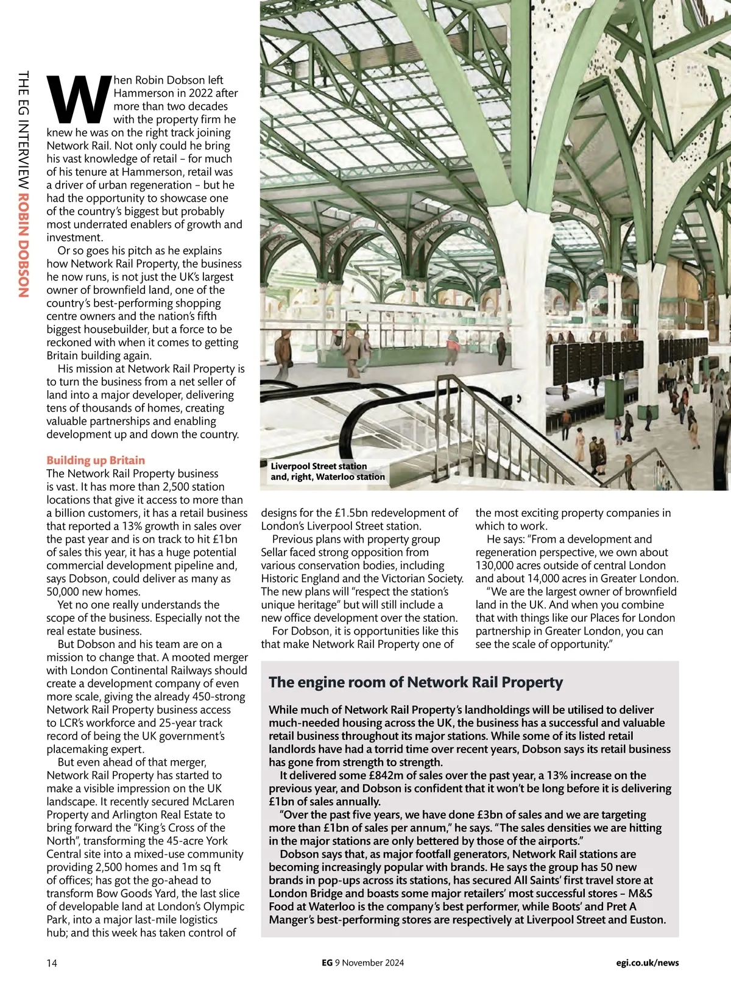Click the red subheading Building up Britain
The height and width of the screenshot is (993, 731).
coord(96,460)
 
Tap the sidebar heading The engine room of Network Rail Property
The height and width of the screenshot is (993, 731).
coord(415,682)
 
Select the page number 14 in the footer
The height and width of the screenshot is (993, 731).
coord(52,963)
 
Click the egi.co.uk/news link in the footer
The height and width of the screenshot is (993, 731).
coord(647,963)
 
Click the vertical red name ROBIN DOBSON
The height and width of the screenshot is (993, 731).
coord(24,245)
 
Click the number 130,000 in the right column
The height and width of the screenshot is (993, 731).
coord(495,566)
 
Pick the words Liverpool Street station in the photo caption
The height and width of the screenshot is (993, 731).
coord(319,466)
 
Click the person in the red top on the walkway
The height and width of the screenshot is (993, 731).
coord(452,346)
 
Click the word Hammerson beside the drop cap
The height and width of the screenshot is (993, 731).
coord(143,93)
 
